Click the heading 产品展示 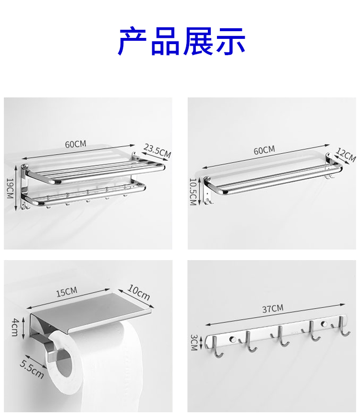(181, 41)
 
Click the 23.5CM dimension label (157, 151)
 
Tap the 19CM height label (10, 189)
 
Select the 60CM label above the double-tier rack (76, 144)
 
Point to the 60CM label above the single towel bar (264, 150)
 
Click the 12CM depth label (346, 155)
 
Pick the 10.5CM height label (193, 191)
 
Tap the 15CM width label (67, 292)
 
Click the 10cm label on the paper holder (139, 292)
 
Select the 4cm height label (15, 327)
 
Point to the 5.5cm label (32, 369)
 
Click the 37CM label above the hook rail (273, 309)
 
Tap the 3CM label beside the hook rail (194, 343)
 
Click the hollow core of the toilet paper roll (64, 364)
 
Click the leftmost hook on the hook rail (217, 347)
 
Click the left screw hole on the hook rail (232, 339)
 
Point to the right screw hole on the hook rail (324, 324)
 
